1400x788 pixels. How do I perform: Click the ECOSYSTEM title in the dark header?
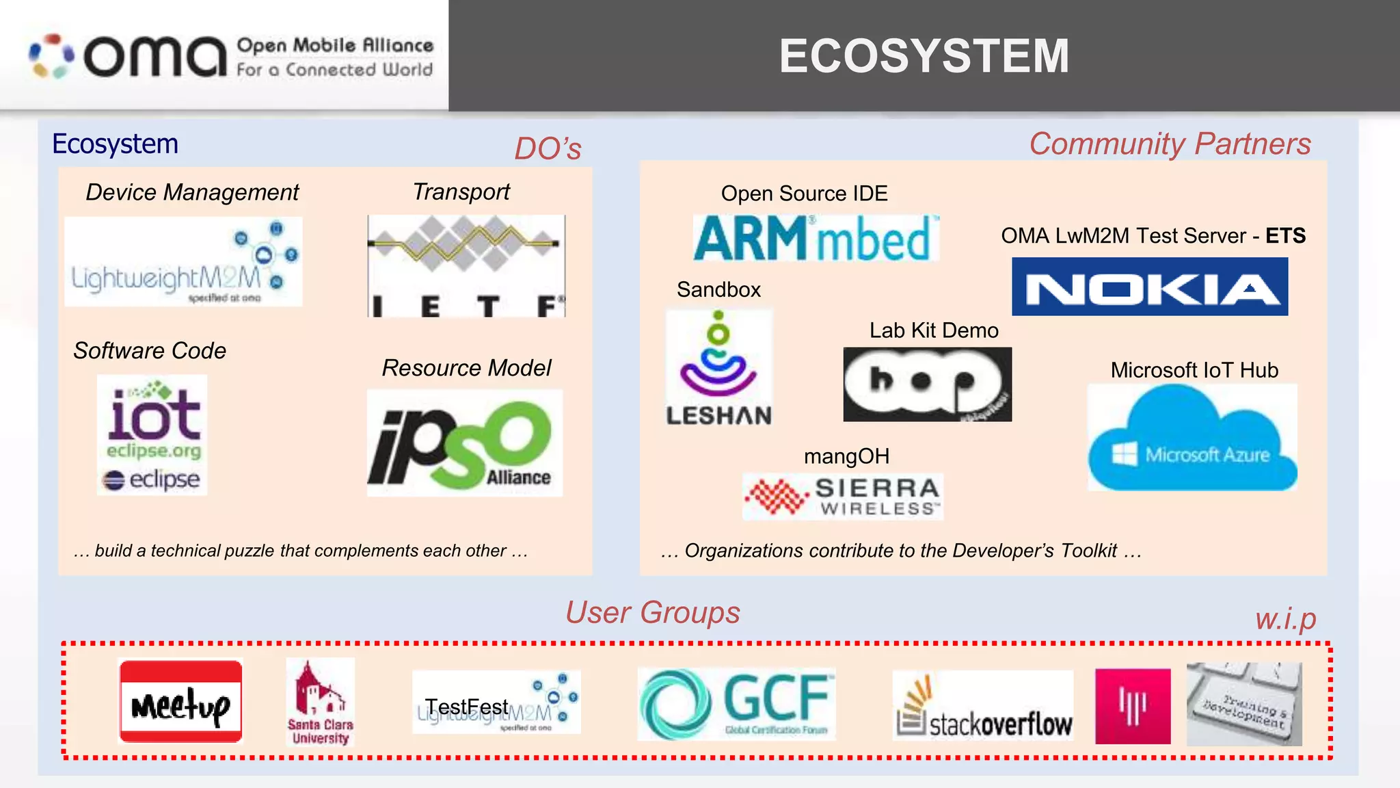[x=924, y=56]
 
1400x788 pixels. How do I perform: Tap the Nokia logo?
[x=1150, y=287]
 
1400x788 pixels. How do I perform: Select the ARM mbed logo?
[x=816, y=238]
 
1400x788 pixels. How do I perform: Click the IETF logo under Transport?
[x=466, y=266]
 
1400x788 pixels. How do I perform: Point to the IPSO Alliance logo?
[x=464, y=443]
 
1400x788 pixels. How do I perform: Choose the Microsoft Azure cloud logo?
[x=1192, y=438]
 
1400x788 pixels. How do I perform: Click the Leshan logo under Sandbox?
[x=718, y=369]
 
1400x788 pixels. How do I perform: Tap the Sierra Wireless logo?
[x=843, y=497]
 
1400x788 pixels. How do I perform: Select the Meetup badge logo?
[x=180, y=701]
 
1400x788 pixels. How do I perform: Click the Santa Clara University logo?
[x=320, y=702]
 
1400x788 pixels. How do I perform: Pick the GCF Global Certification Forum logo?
[x=736, y=704]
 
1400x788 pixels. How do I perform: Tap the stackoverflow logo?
[x=983, y=706]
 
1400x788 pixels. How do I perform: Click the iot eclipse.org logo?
[x=152, y=434]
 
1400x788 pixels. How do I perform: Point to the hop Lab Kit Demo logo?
[x=927, y=384]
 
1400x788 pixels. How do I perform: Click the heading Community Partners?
[x=1170, y=144]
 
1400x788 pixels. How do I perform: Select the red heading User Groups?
[x=652, y=612]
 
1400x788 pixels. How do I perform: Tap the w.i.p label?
[x=1285, y=619]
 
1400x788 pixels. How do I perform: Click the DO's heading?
[x=548, y=148]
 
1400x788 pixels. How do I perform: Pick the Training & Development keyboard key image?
[x=1244, y=705]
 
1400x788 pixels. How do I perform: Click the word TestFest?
[x=466, y=707]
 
